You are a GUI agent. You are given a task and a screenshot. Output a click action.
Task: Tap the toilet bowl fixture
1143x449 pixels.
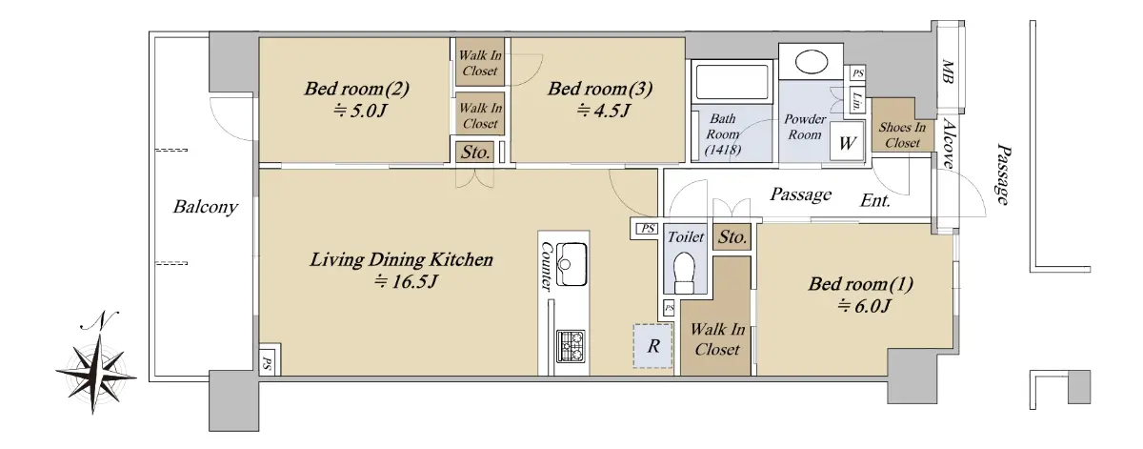coord(684,274)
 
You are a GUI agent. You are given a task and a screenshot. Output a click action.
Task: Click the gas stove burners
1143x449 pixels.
coord(571,346)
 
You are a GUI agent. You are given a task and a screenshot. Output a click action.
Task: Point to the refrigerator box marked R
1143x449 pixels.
coord(652,346)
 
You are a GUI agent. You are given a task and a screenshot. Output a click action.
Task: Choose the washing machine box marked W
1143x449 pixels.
coord(847,141)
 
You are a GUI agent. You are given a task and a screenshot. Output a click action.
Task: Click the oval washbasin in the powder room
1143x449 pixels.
coord(811,64)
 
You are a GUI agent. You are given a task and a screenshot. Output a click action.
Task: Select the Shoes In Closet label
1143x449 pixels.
coord(902,134)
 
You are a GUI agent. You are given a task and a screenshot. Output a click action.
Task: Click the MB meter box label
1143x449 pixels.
coord(948,72)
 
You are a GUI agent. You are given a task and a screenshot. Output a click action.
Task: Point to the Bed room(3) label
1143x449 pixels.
coord(600,89)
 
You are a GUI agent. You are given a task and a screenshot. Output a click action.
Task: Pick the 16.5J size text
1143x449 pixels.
coord(406,281)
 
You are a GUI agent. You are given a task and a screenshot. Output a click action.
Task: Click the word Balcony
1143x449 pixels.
coord(205,207)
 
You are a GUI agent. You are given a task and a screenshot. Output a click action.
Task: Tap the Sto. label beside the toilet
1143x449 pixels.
coord(732,237)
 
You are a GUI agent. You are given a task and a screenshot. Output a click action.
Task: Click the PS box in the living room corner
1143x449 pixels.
coord(268,363)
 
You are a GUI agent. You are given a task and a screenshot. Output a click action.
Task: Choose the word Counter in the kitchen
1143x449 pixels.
coord(547,266)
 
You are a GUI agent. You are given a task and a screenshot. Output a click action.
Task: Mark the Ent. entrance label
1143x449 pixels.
coord(875,201)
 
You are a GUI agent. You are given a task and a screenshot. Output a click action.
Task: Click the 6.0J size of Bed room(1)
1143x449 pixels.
coord(864,306)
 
